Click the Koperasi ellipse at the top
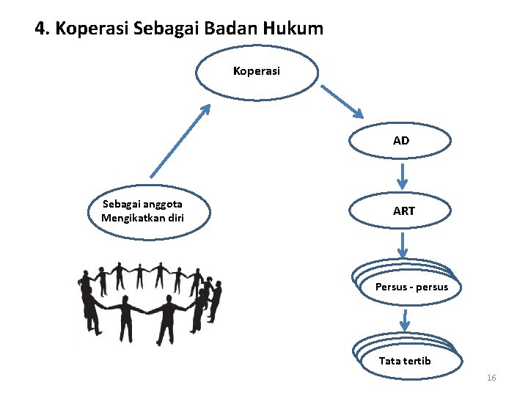point(257,72)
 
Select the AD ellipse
point(400,140)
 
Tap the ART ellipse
point(403,211)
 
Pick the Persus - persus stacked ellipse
point(410,287)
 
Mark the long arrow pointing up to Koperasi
point(180,140)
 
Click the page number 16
point(491,378)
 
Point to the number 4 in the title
point(40,29)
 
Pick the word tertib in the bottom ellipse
point(417,361)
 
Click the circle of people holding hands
point(150,301)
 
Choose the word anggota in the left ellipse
point(163,205)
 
